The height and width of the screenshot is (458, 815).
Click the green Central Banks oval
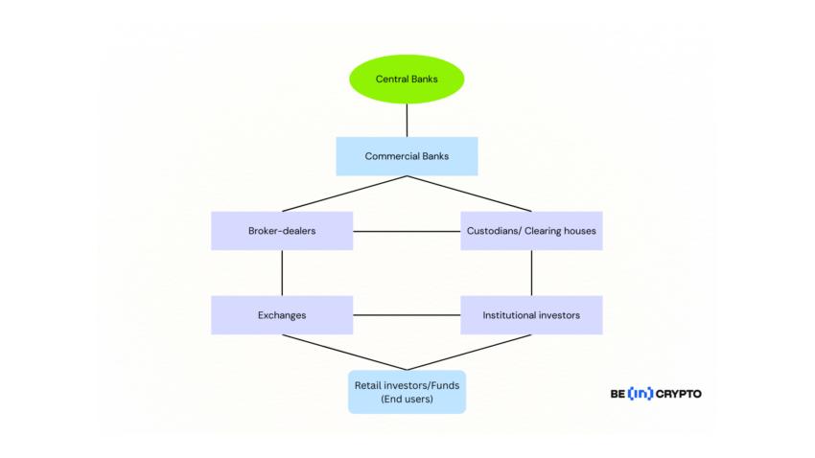pyautogui.click(x=407, y=79)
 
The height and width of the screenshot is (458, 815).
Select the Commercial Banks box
pyautogui.click(x=407, y=156)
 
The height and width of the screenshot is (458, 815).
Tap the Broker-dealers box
pyautogui.click(x=282, y=231)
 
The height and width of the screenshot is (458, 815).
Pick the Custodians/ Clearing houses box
pyautogui.click(x=531, y=231)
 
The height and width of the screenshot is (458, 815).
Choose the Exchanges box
pyautogui.click(x=282, y=315)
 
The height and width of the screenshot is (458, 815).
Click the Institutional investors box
pyautogui.click(x=531, y=315)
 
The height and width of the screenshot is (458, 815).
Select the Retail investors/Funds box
pyautogui.click(x=407, y=392)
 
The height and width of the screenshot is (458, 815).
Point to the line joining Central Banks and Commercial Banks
pyautogui.click(x=407, y=120)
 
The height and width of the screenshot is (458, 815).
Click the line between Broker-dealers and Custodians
pyautogui.click(x=407, y=231)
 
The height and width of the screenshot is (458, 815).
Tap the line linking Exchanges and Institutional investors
pyautogui.click(x=407, y=315)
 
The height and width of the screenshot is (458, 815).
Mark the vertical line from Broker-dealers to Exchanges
pyautogui.click(x=282, y=273)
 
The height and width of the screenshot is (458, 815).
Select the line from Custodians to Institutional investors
pyautogui.click(x=531, y=273)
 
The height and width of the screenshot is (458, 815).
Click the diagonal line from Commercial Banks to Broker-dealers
pyautogui.click(x=344, y=194)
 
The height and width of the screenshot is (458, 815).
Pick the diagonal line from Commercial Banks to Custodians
pyautogui.click(x=469, y=194)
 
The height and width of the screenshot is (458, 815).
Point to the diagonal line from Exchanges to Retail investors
pyautogui.click(x=344, y=352)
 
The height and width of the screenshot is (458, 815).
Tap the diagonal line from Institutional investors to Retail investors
pyautogui.click(x=469, y=352)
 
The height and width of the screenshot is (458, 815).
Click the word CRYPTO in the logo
pyautogui.click(x=679, y=394)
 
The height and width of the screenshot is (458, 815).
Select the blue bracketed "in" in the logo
pyautogui.click(x=640, y=394)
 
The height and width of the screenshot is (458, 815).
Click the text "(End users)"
pyautogui.click(x=407, y=399)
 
